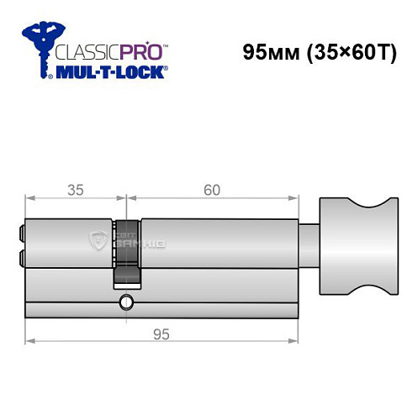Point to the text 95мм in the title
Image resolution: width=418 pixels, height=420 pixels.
(265, 51)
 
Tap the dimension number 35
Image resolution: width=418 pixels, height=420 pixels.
(75, 190)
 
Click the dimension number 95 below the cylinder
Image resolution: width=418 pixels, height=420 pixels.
(160, 333)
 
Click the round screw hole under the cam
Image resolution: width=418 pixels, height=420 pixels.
(125, 302)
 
